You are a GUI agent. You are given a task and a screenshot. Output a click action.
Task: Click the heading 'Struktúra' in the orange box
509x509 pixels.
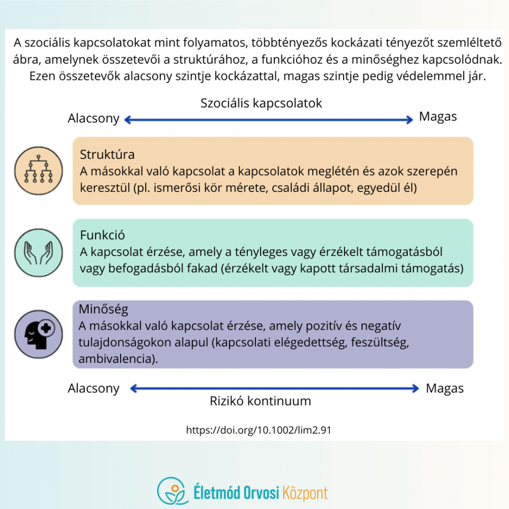107,155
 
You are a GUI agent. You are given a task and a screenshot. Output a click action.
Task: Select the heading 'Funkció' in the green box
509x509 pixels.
102,235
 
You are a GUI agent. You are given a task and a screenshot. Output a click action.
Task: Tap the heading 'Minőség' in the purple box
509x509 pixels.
103,309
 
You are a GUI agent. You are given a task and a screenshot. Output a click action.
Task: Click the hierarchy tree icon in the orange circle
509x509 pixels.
39,169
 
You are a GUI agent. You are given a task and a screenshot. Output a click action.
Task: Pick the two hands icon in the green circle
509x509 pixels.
39,253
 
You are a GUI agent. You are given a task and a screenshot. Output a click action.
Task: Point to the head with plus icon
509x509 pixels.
40,334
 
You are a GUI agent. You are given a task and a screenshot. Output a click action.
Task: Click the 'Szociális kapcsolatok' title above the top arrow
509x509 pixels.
261,103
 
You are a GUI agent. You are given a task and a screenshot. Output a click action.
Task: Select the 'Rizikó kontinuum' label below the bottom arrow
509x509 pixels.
260,401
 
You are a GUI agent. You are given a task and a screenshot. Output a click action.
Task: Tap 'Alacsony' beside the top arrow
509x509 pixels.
94,119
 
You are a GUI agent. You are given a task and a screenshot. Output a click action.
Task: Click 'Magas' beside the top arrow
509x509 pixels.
438,117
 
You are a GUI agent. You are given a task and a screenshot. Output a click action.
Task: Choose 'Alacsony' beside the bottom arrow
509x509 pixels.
94,388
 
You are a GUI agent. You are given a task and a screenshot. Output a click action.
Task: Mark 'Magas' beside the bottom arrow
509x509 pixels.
445,388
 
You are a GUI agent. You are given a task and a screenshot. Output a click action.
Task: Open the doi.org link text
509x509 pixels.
259,430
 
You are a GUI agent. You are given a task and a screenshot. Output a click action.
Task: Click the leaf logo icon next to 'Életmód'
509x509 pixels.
173,491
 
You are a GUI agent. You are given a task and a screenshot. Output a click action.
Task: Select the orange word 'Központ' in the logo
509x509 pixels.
305,493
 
